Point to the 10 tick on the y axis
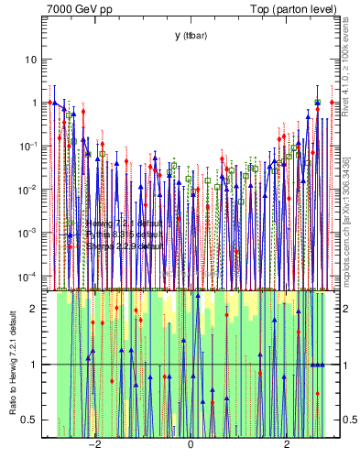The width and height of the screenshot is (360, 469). tap(32, 60)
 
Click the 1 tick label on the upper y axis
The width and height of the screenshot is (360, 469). tap(35, 103)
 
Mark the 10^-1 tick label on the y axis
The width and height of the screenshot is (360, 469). tap(29, 146)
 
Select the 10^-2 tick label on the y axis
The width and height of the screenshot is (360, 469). tap(29, 189)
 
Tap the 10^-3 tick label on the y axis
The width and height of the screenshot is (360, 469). tap(29, 233)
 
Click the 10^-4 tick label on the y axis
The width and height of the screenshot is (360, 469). tap(29, 276)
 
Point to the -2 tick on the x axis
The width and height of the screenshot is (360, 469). tap(93, 446)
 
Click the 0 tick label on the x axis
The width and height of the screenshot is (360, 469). tap(191, 446)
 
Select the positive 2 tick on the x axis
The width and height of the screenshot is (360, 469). tap(287, 446)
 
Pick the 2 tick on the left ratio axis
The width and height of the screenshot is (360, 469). tap(35, 309)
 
